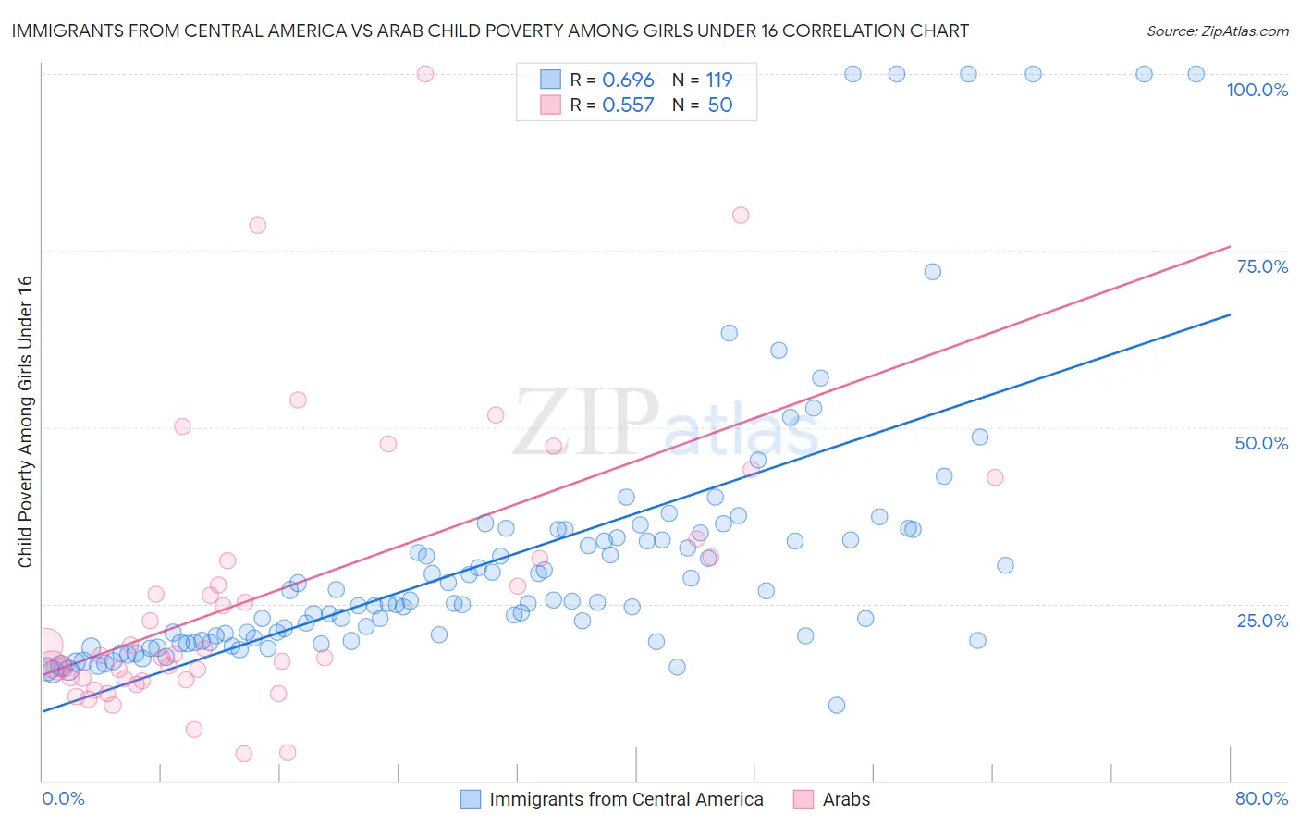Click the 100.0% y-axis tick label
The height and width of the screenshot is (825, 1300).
click(1257, 90)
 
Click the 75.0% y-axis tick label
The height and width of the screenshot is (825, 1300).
click(1262, 266)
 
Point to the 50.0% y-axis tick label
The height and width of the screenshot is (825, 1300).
click(1261, 443)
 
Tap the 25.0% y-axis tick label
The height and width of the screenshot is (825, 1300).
click(1262, 620)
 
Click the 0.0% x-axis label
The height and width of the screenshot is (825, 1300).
click(63, 798)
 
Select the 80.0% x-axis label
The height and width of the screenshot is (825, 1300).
click(1261, 798)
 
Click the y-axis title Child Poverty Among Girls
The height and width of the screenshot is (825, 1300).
click(25, 422)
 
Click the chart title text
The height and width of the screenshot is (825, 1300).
click(490, 31)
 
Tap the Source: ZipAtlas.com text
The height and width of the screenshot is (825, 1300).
click(1217, 31)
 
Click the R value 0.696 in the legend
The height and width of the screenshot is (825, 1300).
click(628, 80)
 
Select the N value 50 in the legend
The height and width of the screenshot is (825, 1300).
click(719, 105)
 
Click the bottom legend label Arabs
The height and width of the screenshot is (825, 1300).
click(846, 799)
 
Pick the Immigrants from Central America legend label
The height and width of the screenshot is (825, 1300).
click(626, 799)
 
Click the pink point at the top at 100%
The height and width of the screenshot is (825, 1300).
click(425, 74)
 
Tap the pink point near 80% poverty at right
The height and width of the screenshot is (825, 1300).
click(741, 215)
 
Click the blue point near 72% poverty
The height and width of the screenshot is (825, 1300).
click(932, 272)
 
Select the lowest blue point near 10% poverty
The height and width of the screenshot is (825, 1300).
click(837, 705)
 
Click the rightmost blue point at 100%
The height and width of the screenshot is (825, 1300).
click(1196, 74)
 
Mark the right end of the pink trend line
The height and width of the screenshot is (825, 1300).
click(1230, 246)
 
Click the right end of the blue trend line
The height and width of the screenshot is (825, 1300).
click(1230, 314)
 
